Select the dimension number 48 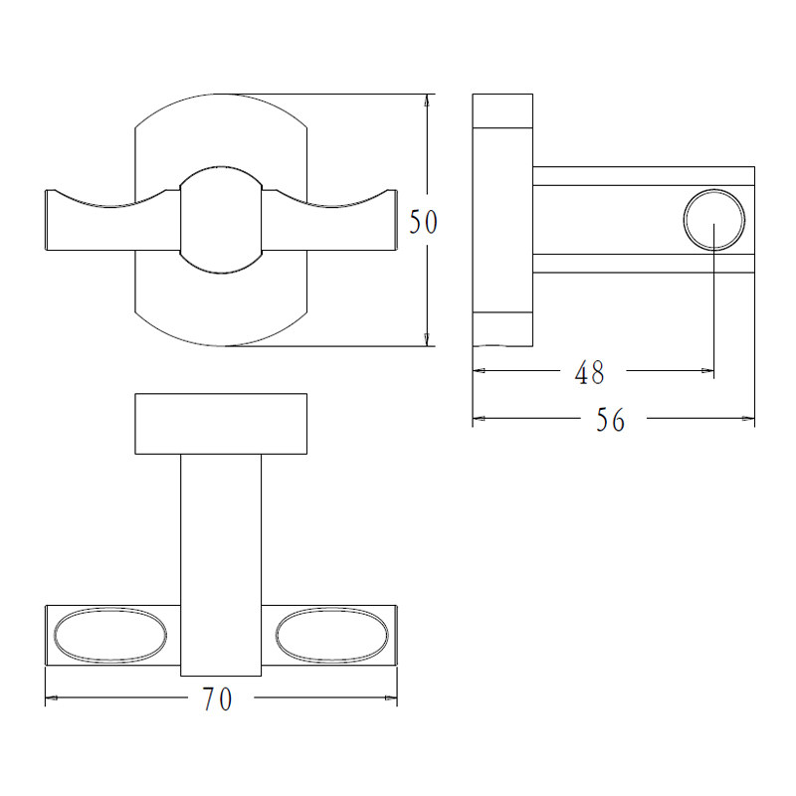(x=589, y=372)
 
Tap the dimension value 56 (x=611, y=420)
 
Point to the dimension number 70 (x=217, y=699)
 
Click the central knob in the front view (x=221, y=219)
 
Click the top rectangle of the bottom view (x=221, y=424)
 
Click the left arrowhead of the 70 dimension (x=52, y=699)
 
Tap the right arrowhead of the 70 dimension (x=391, y=699)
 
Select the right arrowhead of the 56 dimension (x=748, y=420)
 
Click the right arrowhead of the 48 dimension (x=707, y=372)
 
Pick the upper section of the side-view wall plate (x=503, y=111)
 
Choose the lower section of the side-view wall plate (x=503, y=328)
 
